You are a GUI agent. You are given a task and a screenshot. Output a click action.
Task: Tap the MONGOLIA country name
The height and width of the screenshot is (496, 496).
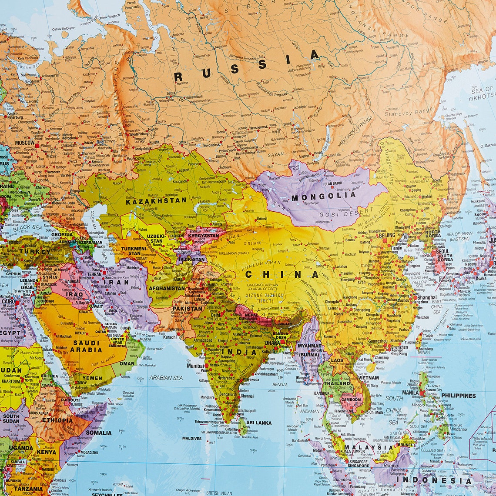(x=323, y=196)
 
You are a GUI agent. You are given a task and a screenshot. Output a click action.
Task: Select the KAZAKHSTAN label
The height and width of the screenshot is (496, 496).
(x=156, y=201)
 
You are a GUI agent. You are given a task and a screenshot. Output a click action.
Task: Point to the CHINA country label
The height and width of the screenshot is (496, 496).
(x=282, y=274)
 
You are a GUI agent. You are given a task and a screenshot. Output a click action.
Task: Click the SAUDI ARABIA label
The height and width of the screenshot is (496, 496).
(x=86, y=346)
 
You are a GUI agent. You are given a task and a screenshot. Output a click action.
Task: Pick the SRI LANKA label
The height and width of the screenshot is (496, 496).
(x=259, y=423)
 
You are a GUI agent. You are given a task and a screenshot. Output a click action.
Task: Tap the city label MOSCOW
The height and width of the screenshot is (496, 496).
(x=24, y=143)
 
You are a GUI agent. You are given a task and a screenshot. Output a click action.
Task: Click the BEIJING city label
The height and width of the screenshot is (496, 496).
(x=386, y=236)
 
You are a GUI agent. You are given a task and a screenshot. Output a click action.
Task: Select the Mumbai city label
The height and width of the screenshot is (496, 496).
(x=195, y=366)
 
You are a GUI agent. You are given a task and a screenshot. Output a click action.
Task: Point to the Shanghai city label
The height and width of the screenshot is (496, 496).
(x=427, y=298)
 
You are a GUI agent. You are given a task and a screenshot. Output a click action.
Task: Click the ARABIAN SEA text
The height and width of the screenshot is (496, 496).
(x=166, y=378)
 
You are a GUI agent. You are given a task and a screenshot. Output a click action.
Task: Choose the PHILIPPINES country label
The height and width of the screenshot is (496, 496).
(x=458, y=396)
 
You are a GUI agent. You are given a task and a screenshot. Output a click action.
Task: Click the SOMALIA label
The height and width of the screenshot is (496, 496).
(x=98, y=433)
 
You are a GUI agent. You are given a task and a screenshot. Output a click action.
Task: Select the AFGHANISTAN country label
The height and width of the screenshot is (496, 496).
(x=167, y=288)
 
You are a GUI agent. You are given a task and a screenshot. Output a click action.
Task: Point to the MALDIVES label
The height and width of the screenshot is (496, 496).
(x=192, y=439)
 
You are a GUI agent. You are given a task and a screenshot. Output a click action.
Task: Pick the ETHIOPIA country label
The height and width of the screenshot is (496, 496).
(x=57, y=420)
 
